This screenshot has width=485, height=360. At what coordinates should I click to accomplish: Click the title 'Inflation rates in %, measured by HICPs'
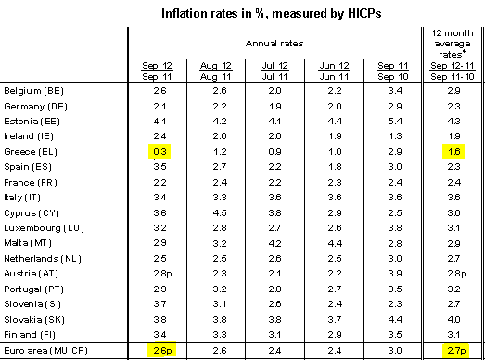pyautogui.click(x=265, y=15)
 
